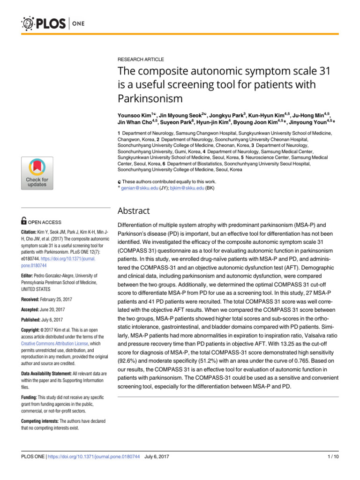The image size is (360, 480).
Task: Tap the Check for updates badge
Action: tap(37, 173)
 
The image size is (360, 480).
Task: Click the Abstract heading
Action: tap(134, 211)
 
